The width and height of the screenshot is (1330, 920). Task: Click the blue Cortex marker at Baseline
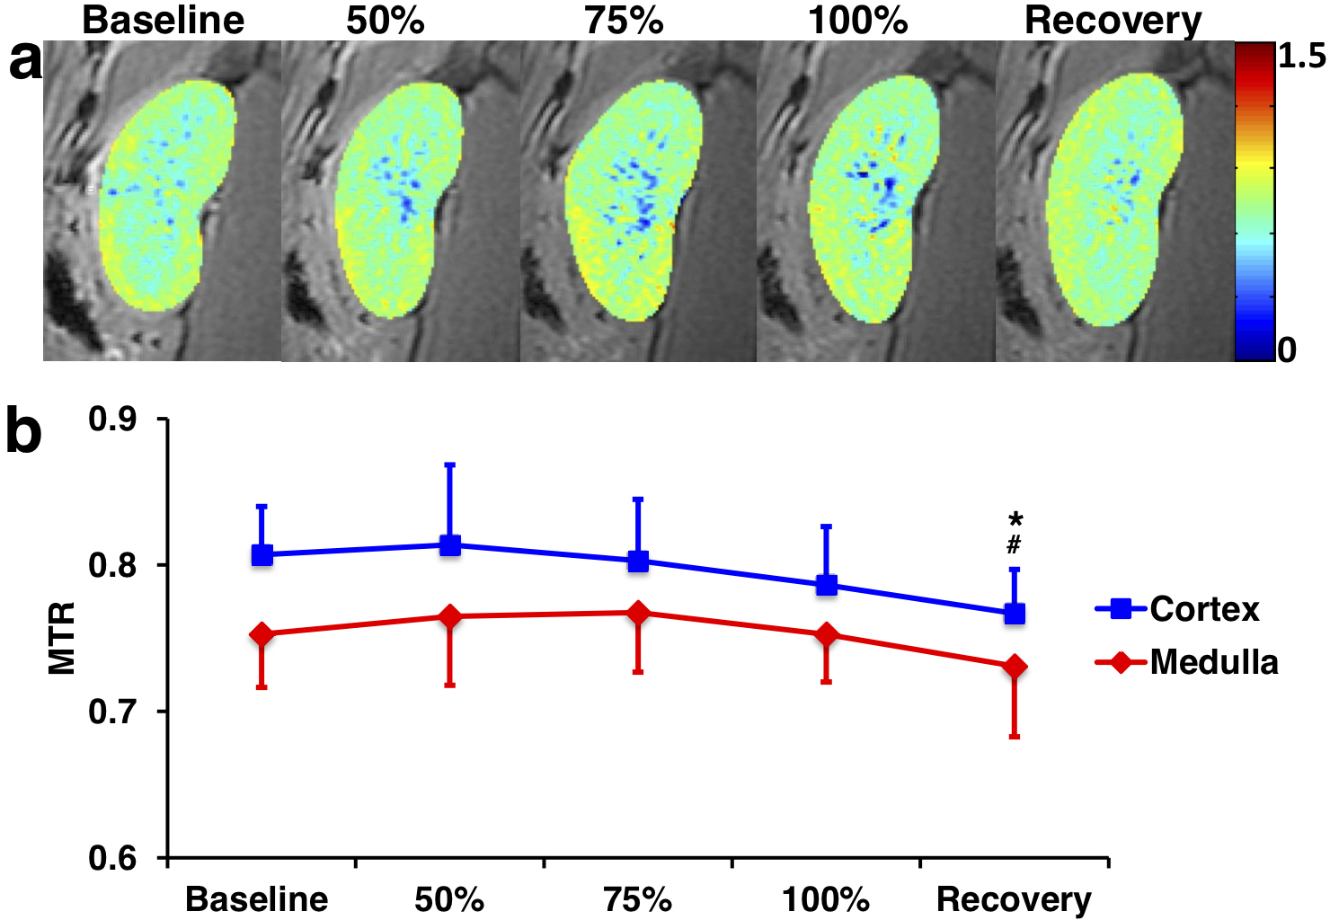pyautogui.click(x=262, y=554)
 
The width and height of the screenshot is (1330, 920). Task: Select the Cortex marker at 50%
pyautogui.click(x=450, y=545)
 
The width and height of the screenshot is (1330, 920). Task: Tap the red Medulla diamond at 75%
pyautogui.click(x=638, y=614)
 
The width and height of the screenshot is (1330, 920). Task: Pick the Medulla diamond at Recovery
pyautogui.click(x=1015, y=667)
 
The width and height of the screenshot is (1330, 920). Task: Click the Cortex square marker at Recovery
pyautogui.click(x=1015, y=614)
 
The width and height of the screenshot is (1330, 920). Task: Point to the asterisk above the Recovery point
pyautogui.click(x=1015, y=520)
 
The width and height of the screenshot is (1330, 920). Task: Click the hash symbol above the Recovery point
pyautogui.click(x=1014, y=544)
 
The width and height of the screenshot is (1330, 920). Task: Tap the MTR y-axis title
pyautogui.click(x=61, y=639)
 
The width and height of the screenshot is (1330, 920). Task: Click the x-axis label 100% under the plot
pyautogui.click(x=825, y=899)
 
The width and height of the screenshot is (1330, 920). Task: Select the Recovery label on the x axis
pyautogui.click(x=1014, y=899)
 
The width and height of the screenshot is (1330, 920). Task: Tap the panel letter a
pyautogui.click(x=25, y=63)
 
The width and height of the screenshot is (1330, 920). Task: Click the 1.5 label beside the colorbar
pyautogui.click(x=1302, y=57)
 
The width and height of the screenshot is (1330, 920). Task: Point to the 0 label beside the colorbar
pyautogui.click(x=1287, y=349)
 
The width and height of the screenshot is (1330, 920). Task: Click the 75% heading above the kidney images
pyautogui.click(x=624, y=21)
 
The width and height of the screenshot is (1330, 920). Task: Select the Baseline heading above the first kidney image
pyautogui.click(x=164, y=21)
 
